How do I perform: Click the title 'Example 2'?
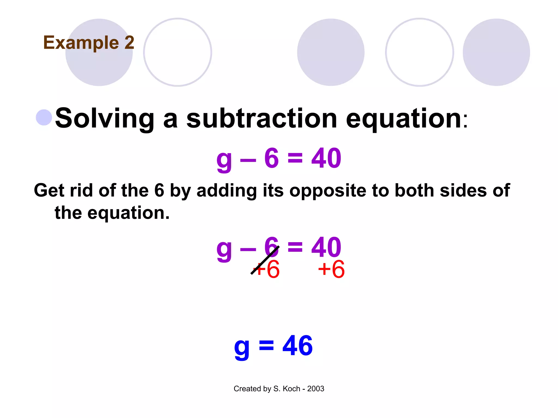coord(89,43)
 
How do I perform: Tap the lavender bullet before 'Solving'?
coord(44,118)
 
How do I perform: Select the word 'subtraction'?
coord(262,118)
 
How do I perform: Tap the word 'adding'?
coord(226,190)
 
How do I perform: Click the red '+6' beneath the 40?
coord(331,269)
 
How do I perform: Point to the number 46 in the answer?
coord(298,346)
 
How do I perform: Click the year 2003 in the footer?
coord(316,389)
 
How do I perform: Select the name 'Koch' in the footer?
coord(292,389)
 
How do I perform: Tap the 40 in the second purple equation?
coord(326,247)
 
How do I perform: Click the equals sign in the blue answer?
coord(266,346)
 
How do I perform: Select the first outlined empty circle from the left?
coord(178,52)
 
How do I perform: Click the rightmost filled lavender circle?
coord(496,52)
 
